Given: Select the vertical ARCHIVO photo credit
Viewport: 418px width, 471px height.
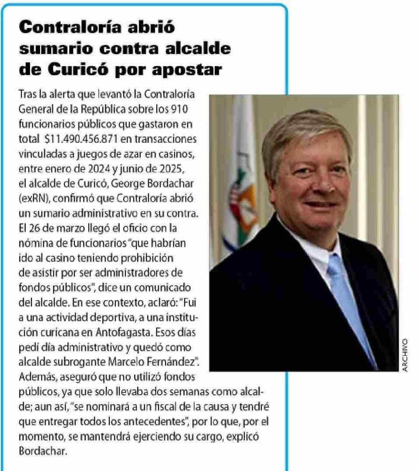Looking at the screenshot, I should pyautogui.click(x=405, y=355).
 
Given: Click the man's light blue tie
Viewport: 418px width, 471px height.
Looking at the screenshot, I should pyautogui.click(x=348, y=297).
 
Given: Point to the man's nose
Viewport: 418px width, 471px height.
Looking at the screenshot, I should pyautogui.click(x=323, y=185).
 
